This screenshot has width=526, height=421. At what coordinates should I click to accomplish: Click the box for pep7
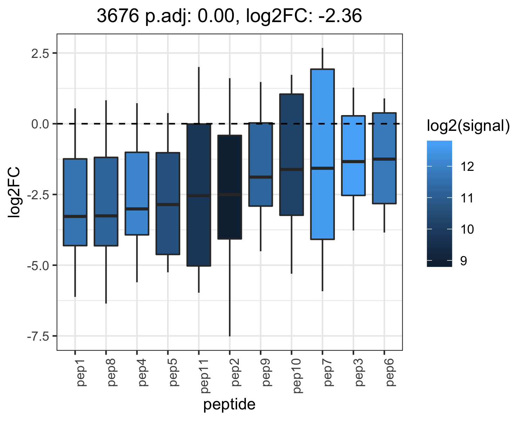322,154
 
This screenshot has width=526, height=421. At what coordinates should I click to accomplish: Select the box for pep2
230,187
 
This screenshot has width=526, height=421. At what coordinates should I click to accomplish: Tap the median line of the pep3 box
353,161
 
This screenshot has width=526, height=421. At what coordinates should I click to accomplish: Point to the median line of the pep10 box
291,169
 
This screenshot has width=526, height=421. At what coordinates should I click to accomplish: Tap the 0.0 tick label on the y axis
40,124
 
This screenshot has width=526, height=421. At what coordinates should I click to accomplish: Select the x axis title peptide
229,405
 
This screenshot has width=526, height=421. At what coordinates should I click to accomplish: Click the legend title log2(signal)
468,126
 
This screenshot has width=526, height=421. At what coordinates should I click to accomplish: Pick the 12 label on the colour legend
467,167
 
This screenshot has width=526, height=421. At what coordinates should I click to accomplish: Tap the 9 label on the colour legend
464,261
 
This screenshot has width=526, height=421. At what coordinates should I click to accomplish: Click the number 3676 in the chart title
118,16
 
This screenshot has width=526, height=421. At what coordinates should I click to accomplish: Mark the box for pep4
137,194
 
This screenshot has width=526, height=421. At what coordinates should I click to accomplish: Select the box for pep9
261,165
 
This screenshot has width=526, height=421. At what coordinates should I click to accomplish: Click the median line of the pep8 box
106,216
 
